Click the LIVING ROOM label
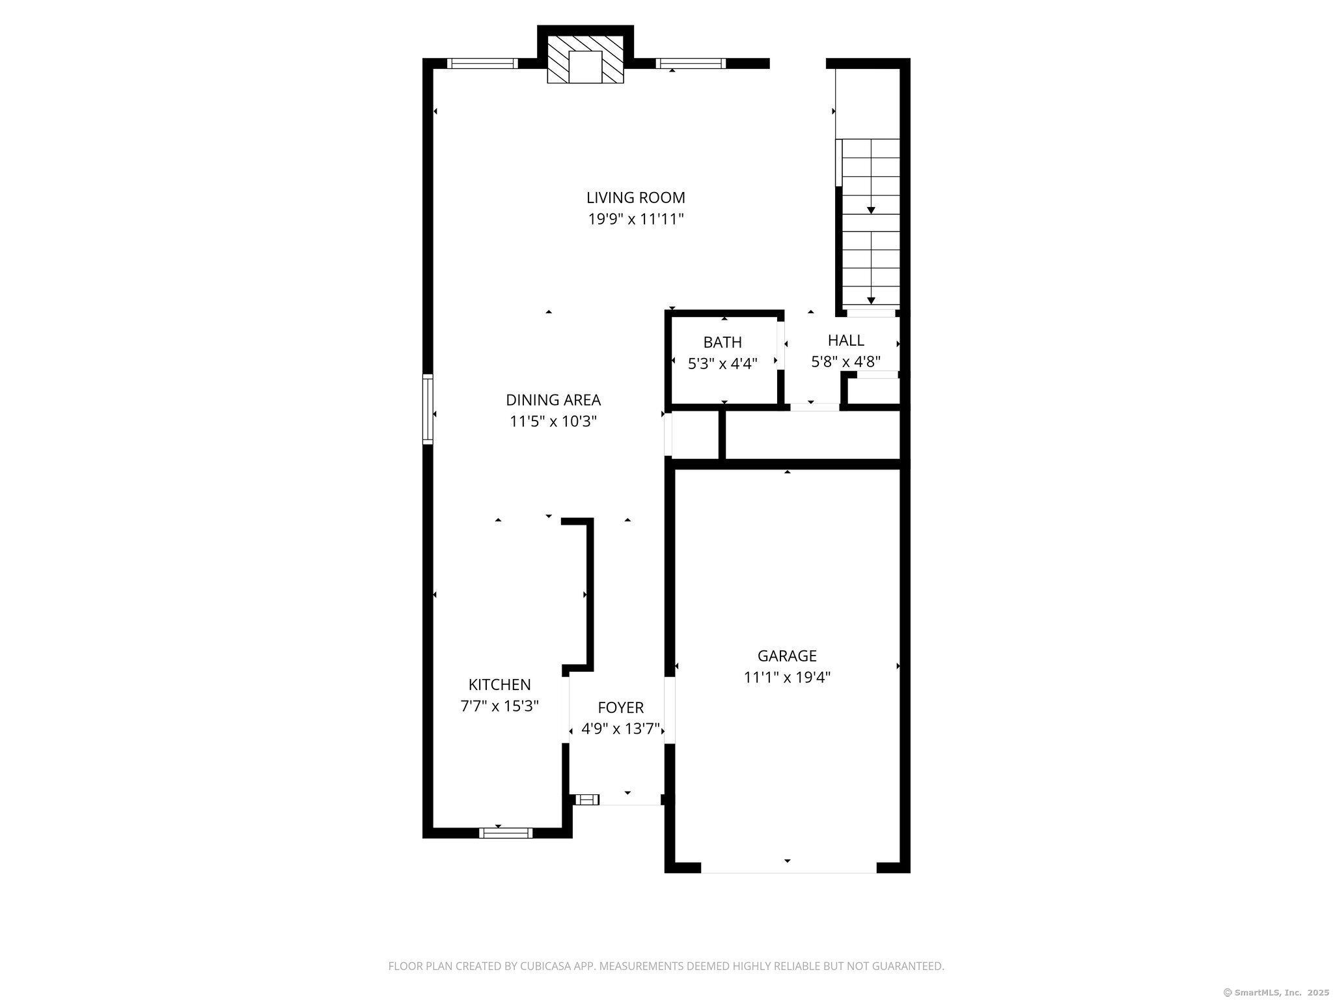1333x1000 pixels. click(x=636, y=197)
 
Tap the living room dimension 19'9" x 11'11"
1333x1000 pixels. click(x=636, y=219)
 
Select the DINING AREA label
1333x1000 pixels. click(x=553, y=400)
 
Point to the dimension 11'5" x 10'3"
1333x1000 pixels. click(x=553, y=421)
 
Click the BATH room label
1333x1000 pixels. click(x=722, y=342)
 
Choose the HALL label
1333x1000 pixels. click(x=846, y=340)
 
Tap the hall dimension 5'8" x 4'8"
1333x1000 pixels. click(x=846, y=361)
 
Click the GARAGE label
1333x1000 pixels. click(x=787, y=656)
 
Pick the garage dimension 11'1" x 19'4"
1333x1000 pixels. click(x=787, y=677)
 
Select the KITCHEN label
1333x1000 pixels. click(x=500, y=684)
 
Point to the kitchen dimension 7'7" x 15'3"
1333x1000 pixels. click(x=500, y=706)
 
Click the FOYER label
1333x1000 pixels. click(x=621, y=707)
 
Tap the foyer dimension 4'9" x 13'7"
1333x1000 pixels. click(x=621, y=729)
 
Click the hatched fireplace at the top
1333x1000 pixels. click(x=585, y=59)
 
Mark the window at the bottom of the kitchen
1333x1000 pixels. click(x=506, y=833)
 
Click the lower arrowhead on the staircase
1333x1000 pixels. click(x=871, y=301)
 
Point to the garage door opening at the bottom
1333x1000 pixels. click(x=788, y=867)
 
